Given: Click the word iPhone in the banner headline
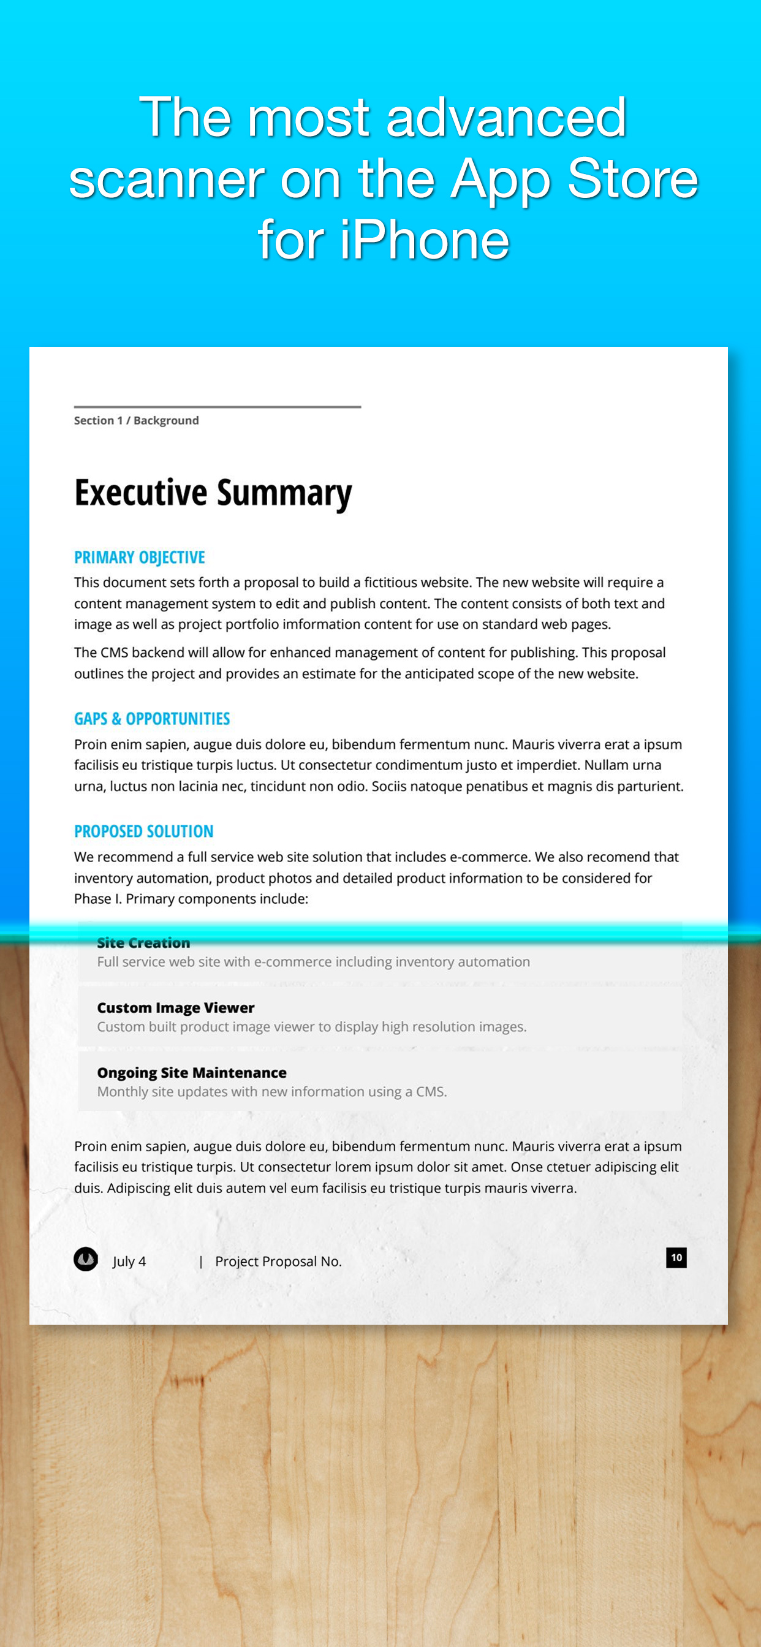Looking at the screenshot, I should (425, 240).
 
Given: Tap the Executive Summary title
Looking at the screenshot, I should (213, 493).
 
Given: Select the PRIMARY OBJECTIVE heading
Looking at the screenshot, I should (140, 558).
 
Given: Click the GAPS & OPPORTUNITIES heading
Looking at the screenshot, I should (151, 719).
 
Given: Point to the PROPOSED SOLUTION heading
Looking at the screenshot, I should (144, 831).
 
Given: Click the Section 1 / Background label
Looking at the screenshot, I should (136, 421).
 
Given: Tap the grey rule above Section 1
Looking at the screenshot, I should (218, 407).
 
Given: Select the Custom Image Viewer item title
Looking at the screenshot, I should (176, 1008).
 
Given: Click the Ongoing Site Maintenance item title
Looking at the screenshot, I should (192, 1072).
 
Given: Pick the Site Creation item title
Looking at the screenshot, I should (144, 943).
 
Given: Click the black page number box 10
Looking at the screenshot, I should (676, 1258).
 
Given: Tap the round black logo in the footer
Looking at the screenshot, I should (86, 1259).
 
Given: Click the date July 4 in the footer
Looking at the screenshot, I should (129, 1262).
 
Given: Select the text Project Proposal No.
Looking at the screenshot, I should (278, 1262).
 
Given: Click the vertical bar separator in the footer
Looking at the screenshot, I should (201, 1262).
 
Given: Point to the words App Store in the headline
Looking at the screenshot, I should (574, 179).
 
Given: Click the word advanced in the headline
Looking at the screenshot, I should (506, 118).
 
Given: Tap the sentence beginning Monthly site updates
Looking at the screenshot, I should (272, 1091).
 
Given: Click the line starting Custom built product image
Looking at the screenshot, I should (311, 1027).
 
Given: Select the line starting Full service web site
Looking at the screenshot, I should (313, 961).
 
